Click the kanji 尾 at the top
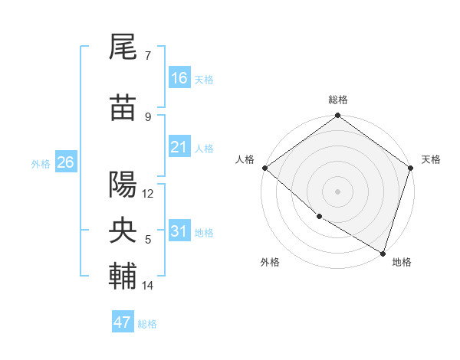(123, 48)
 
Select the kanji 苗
(123, 109)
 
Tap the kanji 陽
(123, 185)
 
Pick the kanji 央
(123, 231)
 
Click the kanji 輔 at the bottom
(123, 277)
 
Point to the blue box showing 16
(179, 78)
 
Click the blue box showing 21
(179, 147)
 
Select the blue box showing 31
(179, 231)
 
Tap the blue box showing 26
(65, 162)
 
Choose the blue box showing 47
(123, 322)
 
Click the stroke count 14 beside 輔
(148, 286)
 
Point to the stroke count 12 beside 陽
(148, 194)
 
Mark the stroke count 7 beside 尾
(148, 55)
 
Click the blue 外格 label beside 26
(41, 163)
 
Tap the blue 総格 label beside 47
(147, 324)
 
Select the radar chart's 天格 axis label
(431, 159)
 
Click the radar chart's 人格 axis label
(245, 159)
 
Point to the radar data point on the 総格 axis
(337, 116)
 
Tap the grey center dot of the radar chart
(337, 191)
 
